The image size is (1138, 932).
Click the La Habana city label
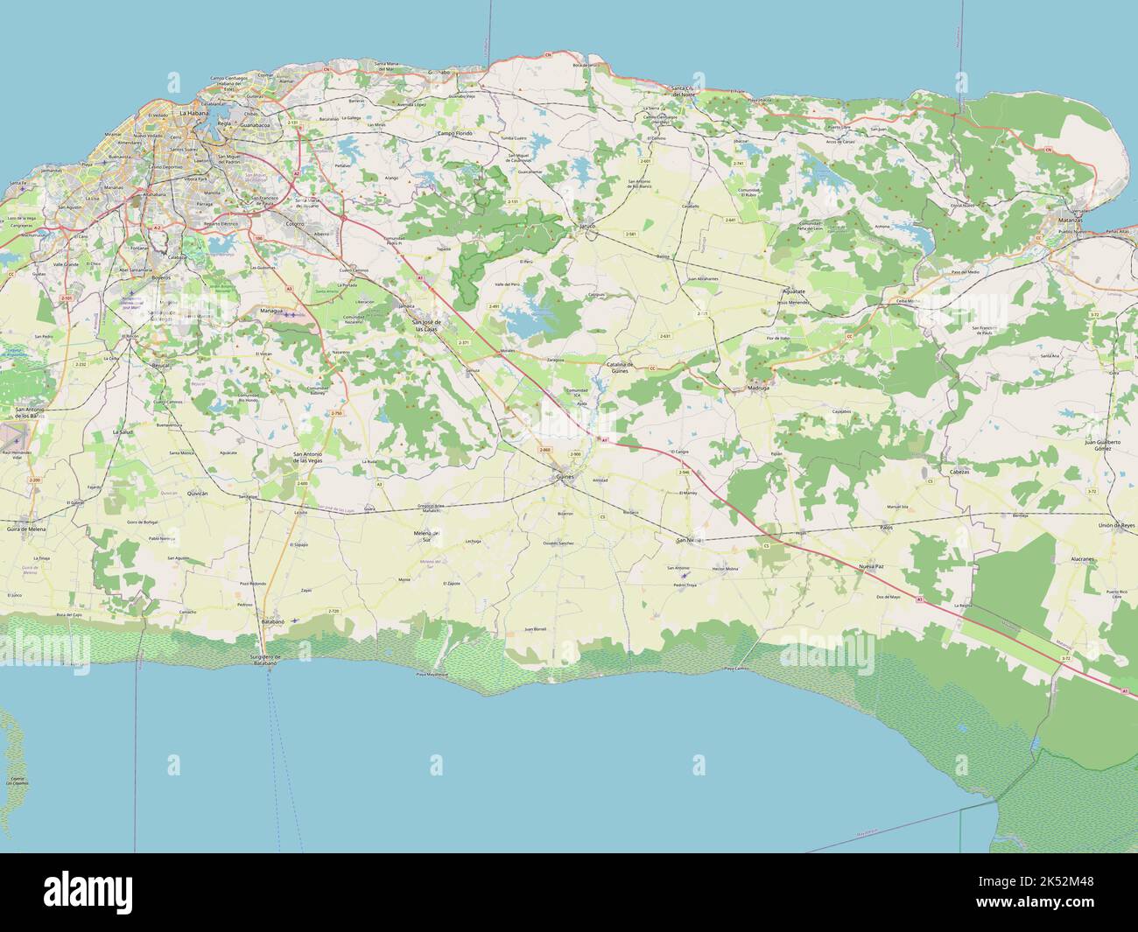click(x=194, y=113)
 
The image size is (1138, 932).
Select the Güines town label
click(x=564, y=477)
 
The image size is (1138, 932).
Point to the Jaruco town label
click(x=587, y=226)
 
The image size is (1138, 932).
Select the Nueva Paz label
click(x=871, y=566)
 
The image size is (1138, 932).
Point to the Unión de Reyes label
click(x=1118, y=524)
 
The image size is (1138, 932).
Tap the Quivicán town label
click(x=198, y=494)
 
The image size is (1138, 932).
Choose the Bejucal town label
click(x=160, y=365)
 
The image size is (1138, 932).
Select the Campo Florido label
click(x=454, y=133)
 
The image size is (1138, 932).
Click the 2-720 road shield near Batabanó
click(x=333, y=610)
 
